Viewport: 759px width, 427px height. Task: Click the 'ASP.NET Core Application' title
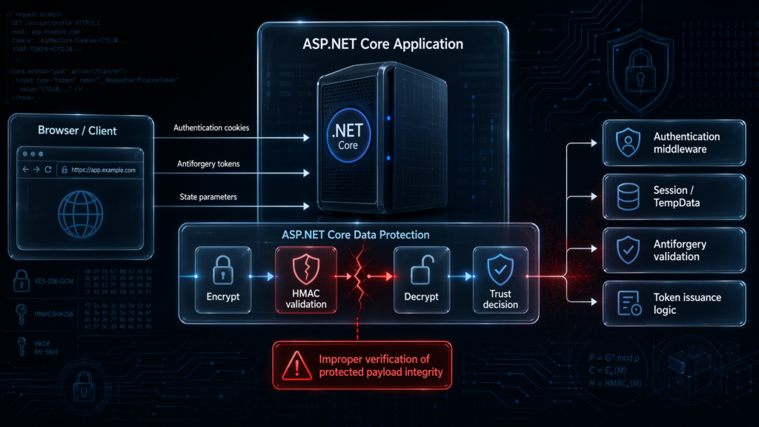(382, 44)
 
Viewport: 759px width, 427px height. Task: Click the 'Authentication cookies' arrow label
(211, 128)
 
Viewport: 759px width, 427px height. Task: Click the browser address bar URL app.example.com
(103, 170)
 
